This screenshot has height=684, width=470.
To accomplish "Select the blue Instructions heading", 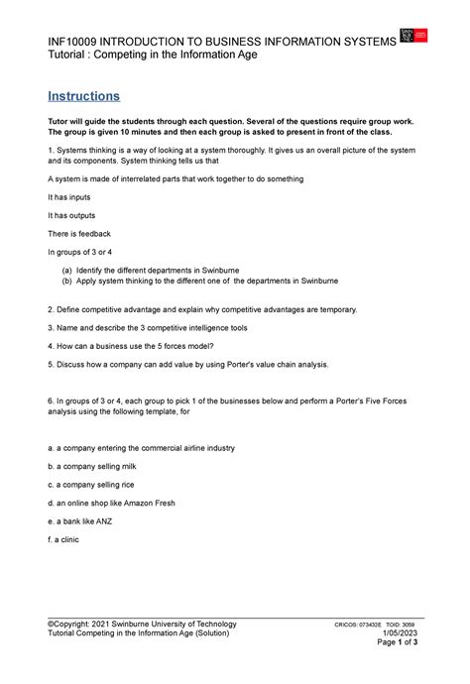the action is coord(84,96).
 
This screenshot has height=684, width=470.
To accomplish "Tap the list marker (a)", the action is coord(66,269).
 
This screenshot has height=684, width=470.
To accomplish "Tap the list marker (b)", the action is coord(66,282).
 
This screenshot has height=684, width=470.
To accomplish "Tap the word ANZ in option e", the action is coord(100,520).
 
